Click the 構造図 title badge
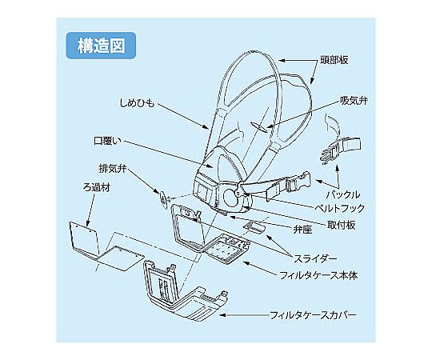click(101, 46)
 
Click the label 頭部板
click(334, 60)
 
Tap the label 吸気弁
click(354, 101)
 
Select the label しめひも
click(137, 103)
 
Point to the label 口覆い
click(107, 141)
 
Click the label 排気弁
click(113, 168)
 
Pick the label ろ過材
click(97, 187)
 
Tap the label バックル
click(343, 194)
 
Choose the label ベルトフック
click(340, 208)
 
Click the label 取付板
click(342, 225)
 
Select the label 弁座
click(302, 229)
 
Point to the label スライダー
click(315, 258)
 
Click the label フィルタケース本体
click(318, 275)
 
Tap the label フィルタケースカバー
click(313, 315)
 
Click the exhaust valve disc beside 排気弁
click(164, 199)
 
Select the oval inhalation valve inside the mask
click(259, 126)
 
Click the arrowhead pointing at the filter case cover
click(222, 315)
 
